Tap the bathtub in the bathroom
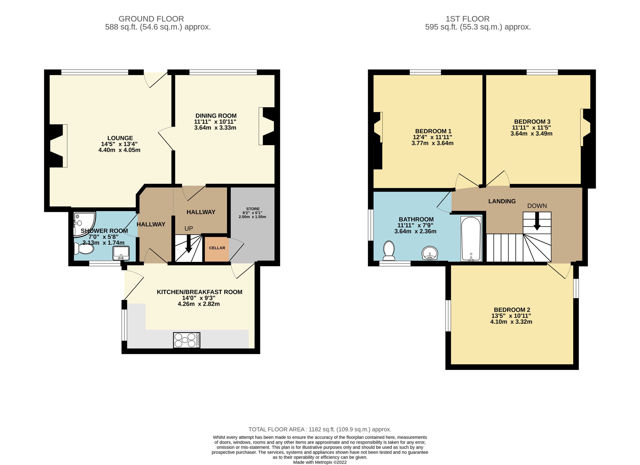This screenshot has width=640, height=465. coord(471,239)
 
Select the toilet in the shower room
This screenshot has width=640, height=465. coord(83,249)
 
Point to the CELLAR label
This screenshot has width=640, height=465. coord(217,248)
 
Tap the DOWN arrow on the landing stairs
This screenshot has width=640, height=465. coord(537,222)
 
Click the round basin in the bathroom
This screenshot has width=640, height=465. coord(430,253)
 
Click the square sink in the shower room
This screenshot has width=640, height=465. coord(121,253)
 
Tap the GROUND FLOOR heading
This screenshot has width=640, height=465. coord(151,19)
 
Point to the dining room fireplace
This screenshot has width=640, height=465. coord(267,126)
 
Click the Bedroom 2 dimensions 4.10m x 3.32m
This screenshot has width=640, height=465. coord(511,322)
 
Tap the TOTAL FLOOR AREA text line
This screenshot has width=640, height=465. coord(320,430)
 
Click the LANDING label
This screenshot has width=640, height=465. coord(502,201)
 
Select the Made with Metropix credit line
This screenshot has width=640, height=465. coord(320,462)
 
